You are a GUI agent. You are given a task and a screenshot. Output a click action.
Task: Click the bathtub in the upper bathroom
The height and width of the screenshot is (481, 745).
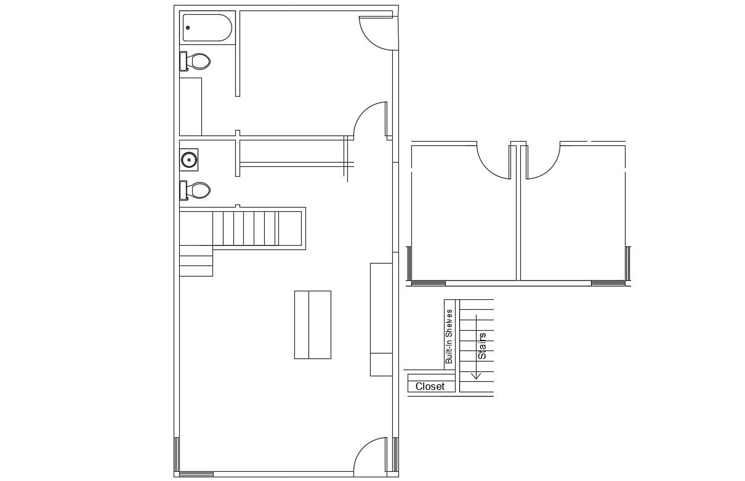click(x=207, y=28)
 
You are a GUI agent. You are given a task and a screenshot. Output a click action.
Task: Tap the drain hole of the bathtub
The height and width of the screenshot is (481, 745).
click(x=188, y=28)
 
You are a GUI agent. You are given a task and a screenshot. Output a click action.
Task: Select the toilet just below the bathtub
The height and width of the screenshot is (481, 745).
click(x=195, y=61)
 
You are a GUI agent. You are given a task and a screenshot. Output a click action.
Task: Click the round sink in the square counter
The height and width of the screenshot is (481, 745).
click(x=189, y=160)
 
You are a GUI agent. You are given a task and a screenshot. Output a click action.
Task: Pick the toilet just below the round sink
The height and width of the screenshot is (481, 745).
click(x=195, y=190)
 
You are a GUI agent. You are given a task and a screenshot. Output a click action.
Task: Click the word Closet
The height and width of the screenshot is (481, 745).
click(x=430, y=387)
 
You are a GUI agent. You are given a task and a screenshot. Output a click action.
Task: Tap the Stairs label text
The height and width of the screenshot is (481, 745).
click(x=482, y=346)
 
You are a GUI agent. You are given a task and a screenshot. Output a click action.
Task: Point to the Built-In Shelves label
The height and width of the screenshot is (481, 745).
click(x=449, y=336)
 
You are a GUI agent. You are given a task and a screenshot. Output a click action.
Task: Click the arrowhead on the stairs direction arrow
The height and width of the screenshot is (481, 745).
click(x=477, y=376)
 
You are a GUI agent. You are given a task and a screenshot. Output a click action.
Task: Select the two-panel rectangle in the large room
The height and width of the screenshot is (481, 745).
click(x=313, y=325)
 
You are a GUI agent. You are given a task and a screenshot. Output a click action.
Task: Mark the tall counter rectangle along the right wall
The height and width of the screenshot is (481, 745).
click(x=381, y=320)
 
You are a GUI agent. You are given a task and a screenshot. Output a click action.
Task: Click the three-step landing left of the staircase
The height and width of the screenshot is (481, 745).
click(x=196, y=261)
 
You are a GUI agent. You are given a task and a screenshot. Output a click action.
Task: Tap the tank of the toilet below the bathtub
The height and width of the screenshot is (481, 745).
click(x=183, y=61)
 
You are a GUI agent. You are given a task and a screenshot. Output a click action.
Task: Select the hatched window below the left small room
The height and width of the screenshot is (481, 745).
click(x=429, y=283)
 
